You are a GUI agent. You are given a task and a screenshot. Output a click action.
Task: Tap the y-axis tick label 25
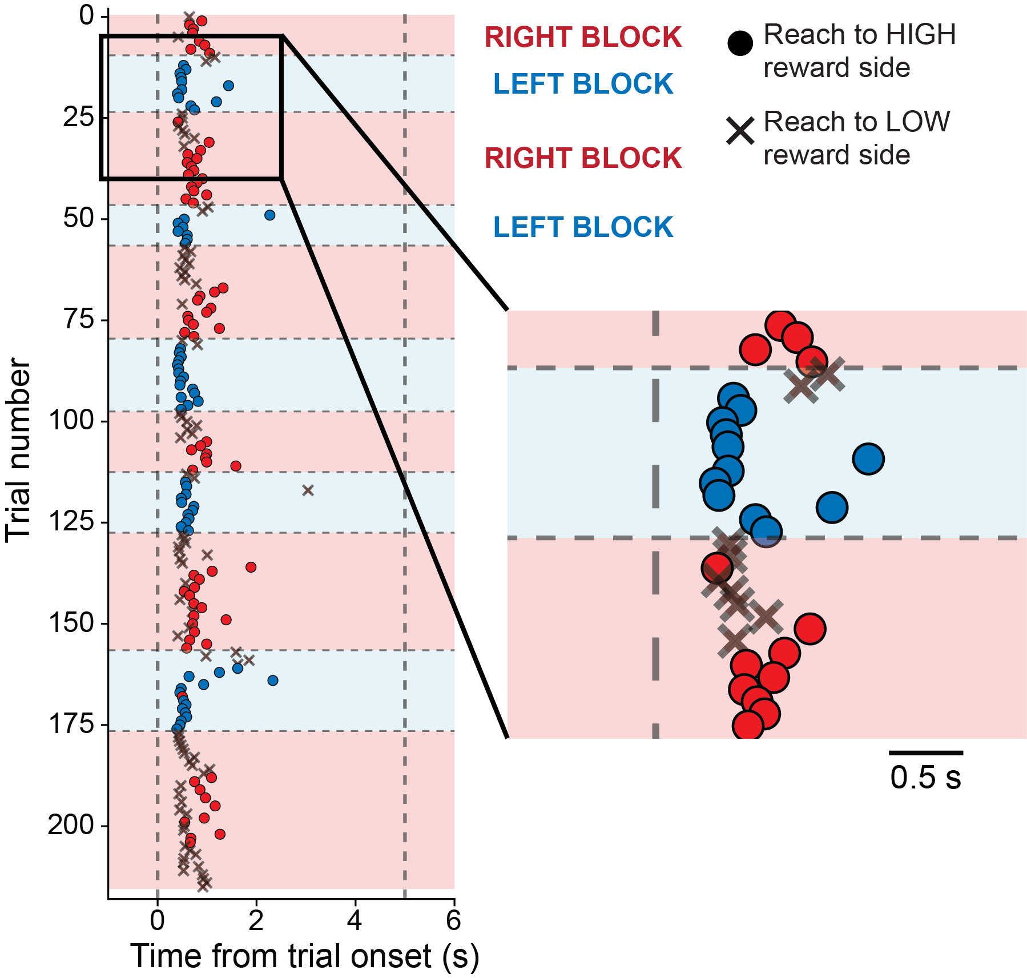tap(79, 117)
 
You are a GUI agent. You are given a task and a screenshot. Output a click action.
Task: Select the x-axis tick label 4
tap(355, 920)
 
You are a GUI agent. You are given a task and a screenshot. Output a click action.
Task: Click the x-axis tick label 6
tap(453, 920)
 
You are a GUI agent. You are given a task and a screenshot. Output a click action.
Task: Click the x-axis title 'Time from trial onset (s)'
tap(304, 957)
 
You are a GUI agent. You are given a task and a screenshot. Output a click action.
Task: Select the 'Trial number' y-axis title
tap(18, 450)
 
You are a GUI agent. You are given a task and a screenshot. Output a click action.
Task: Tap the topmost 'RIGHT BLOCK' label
tap(583, 38)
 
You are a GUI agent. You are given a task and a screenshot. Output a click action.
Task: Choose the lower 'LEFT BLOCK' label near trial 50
tap(583, 227)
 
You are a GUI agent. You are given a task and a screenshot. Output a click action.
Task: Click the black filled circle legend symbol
tap(740, 43)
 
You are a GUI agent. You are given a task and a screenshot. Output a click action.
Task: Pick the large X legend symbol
tap(740, 131)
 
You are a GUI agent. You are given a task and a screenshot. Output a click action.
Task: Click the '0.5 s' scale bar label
tap(925, 778)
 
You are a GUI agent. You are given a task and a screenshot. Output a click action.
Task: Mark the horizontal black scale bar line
tap(926, 753)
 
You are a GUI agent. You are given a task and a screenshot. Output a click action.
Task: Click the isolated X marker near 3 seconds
tap(308, 490)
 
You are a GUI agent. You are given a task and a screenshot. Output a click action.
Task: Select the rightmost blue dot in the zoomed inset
tap(868, 458)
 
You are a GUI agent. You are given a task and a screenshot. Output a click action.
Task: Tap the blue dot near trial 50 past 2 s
tap(270, 215)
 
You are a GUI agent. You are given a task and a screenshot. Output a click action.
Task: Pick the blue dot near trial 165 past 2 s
tap(273, 681)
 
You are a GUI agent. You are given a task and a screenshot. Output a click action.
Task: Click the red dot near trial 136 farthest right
tap(251, 567)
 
